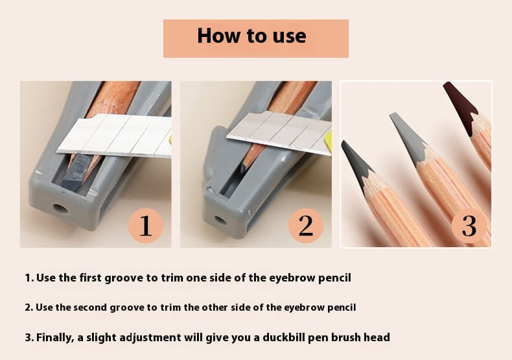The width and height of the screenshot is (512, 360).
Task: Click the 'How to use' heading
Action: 251,35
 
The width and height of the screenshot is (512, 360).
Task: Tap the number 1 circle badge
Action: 146,226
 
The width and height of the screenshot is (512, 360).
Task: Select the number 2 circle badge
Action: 306,226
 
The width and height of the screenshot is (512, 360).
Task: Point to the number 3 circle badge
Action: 469,226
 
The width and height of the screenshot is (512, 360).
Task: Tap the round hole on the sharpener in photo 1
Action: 60,209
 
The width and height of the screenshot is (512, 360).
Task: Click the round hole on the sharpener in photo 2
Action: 221,220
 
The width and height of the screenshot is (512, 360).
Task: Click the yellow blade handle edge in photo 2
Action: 329,141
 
